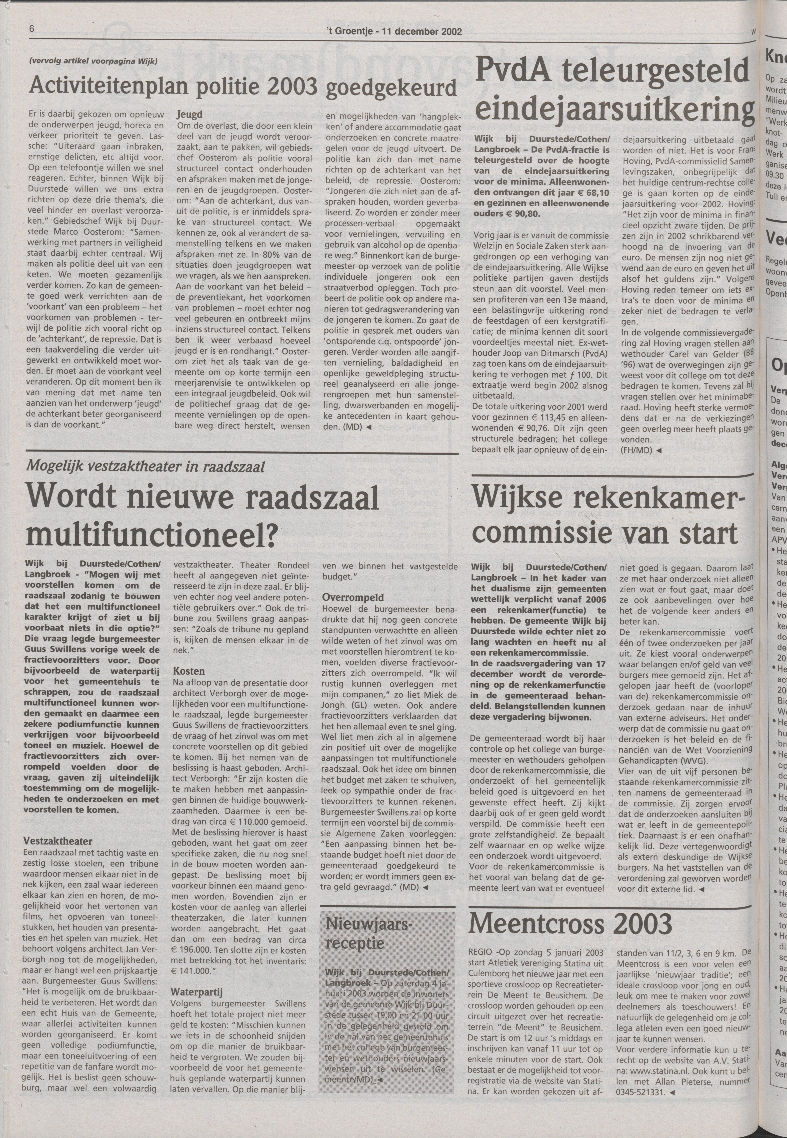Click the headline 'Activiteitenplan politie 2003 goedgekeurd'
tap(243, 88)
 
